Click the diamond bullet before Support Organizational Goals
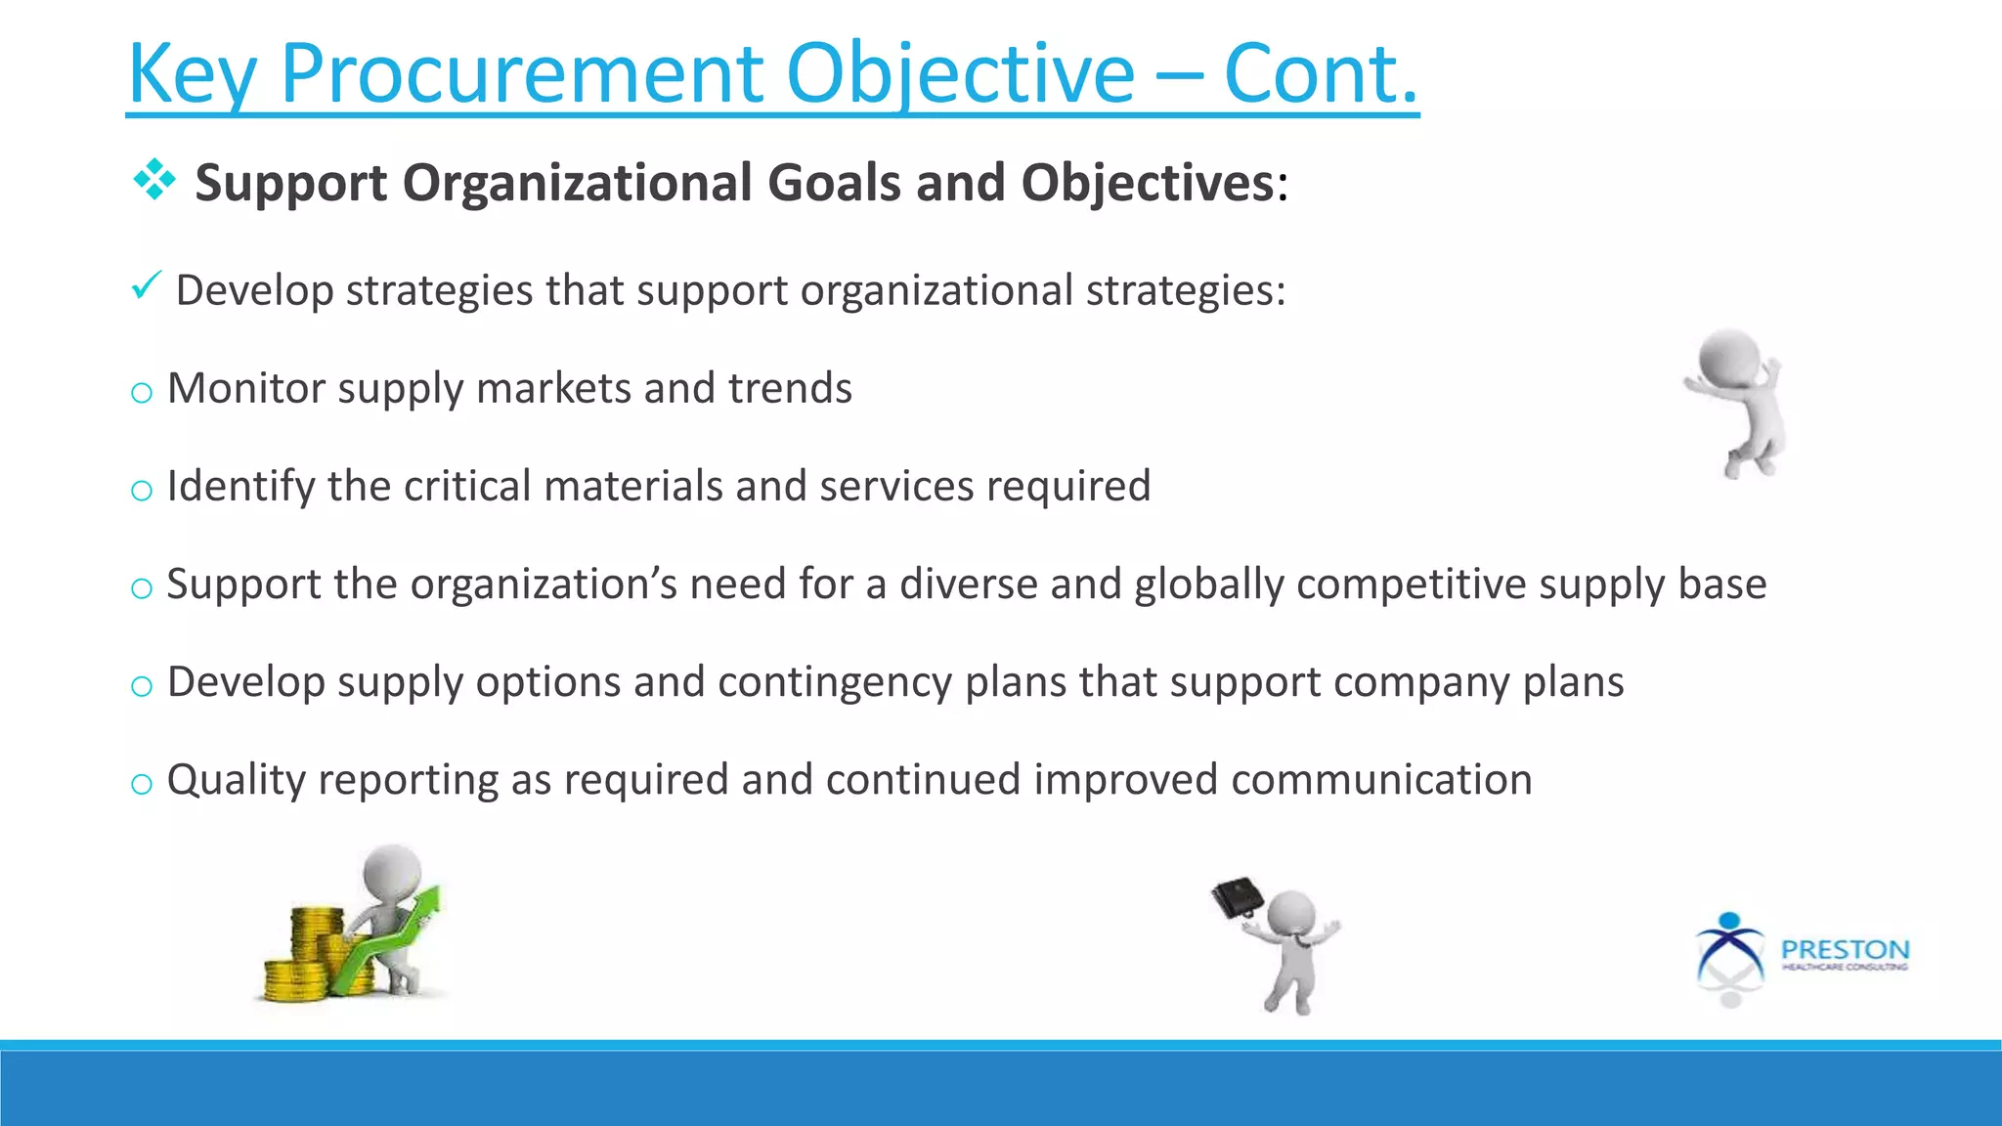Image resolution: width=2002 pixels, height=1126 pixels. coord(154,180)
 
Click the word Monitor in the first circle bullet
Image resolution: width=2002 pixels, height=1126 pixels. coord(245,388)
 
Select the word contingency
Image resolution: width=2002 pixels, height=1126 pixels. coord(834,681)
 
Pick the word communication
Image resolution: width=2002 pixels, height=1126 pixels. coord(1380,779)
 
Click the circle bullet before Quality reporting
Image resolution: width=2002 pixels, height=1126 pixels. coord(142,783)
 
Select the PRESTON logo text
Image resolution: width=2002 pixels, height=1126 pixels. coord(1844,949)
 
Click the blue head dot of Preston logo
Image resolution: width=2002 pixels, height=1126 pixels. coord(1729,921)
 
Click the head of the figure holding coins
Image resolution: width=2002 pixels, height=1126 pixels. coord(393,868)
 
